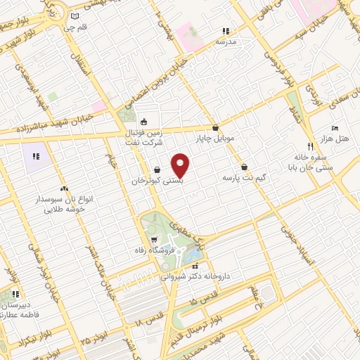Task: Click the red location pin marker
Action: click(181, 165)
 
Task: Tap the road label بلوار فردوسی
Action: click(278, 60)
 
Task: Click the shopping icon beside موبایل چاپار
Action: click(214, 127)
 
